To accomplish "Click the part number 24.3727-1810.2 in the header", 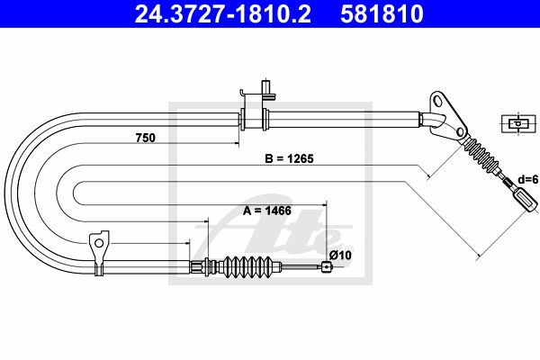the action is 223,14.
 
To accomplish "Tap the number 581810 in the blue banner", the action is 382,14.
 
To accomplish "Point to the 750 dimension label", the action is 145,138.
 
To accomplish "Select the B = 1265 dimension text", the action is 289,158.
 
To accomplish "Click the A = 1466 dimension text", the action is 267,211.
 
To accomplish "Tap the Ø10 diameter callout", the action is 340,256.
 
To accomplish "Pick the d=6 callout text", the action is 528,179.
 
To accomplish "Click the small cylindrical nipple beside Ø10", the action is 327,267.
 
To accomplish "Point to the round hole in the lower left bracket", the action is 99,244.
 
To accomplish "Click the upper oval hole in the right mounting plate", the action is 439,101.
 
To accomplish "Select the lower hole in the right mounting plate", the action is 460,131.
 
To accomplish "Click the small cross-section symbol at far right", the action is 518,123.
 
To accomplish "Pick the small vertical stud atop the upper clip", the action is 265,86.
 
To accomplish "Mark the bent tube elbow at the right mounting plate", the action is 433,120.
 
